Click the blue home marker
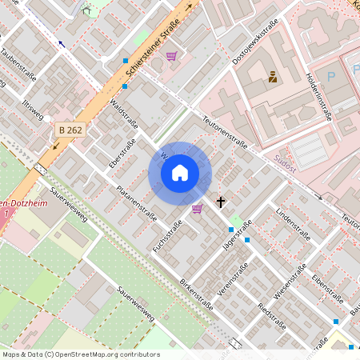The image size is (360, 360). [x=180, y=173]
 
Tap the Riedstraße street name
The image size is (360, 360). [x=272, y=316]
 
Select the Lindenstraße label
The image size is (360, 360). [x=292, y=223]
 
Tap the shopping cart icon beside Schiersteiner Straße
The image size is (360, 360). [x=171, y=56]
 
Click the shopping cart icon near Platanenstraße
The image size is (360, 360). [x=197, y=209]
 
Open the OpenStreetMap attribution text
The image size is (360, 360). [x=80, y=354]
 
